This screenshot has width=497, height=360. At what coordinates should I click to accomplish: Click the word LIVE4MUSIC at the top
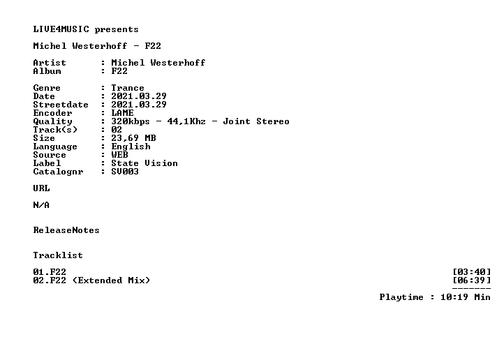(x=61, y=29)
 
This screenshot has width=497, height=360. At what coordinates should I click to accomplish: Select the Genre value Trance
(x=128, y=88)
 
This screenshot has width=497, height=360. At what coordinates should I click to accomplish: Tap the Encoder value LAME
(x=122, y=113)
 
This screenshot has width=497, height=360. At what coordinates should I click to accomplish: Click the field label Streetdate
(x=61, y=105)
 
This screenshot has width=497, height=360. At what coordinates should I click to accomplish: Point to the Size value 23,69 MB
(x=133, y=138)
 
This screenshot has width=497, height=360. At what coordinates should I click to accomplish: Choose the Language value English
(x=131, y=147)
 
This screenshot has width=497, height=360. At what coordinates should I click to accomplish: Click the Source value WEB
(x=119, y=155)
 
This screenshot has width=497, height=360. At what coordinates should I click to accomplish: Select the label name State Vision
(x=144, y=163)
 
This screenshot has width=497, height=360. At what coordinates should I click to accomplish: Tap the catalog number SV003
(x=125, y=172)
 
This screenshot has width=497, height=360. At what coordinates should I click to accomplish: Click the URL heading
(x=41, y=188)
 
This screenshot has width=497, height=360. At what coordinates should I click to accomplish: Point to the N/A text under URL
(x=41, y=205)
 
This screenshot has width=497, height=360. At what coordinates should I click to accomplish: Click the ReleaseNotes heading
(x=66, y=230)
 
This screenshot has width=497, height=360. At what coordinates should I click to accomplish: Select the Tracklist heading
(x=58, y=255)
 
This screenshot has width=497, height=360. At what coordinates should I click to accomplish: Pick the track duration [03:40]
(x=472, y=272)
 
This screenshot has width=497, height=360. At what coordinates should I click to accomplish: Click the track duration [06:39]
(x=472, y=280)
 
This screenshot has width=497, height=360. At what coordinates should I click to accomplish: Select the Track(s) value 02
(x=117, y=130)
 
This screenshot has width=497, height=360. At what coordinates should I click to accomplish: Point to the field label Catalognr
(x=59, y=172)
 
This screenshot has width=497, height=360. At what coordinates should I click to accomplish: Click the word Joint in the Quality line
(x=237, y=121)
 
